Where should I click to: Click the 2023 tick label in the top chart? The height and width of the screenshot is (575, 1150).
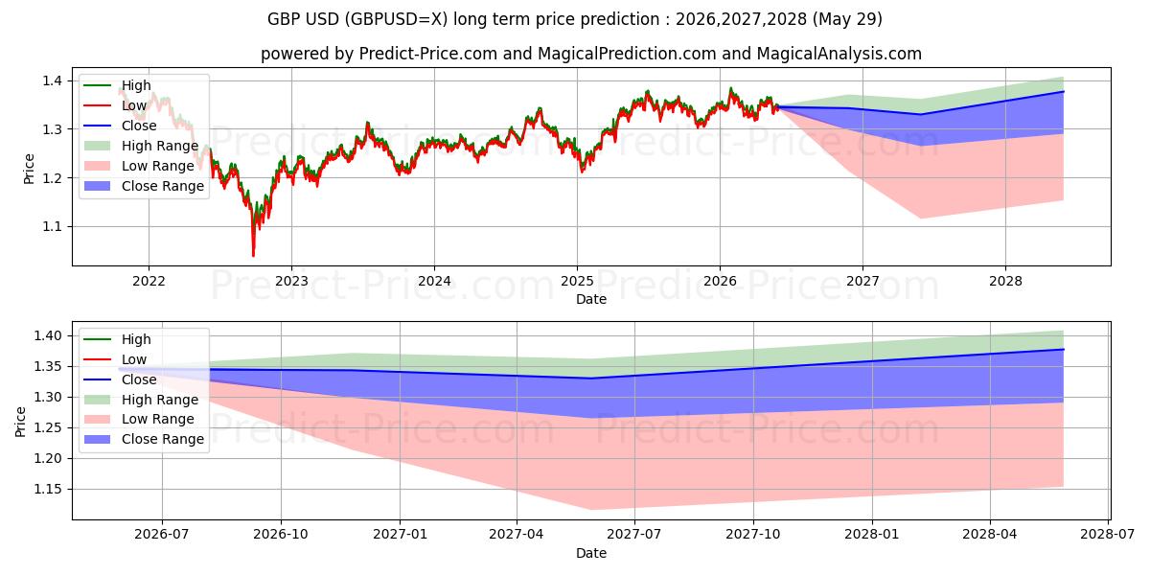tap(291, 282)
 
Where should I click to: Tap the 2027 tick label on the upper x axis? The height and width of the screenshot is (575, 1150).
tap(862, 282)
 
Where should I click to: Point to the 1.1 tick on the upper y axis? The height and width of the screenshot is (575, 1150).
tap(53, 226)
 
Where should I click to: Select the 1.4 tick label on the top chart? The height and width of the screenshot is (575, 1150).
tap(53, 80)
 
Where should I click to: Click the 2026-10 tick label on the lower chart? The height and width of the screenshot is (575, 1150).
tap(281, 535)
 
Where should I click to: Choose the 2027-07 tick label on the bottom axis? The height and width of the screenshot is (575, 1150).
tap(634, 535)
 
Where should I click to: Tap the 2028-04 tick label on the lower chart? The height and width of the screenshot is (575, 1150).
tap(990, 535)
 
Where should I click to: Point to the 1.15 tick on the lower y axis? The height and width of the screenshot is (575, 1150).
tap(48, 490)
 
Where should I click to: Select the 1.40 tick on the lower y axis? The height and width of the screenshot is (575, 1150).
tap(48, 336)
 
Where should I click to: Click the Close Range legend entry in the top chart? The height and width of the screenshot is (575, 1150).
tap(144, 186)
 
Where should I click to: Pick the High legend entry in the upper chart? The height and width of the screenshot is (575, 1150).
tap(117, 85)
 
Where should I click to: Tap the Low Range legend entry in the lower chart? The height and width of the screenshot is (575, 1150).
tap(139, 419)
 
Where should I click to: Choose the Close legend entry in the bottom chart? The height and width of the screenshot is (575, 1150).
tap(120, 379)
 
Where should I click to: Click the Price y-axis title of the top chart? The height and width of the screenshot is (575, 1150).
tap(29, 169)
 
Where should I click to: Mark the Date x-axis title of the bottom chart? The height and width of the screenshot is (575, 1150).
tap(591, 553)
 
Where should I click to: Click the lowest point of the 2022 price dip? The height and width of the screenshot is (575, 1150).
tap(253, 256)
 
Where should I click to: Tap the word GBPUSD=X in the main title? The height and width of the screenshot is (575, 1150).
tap(395, 19)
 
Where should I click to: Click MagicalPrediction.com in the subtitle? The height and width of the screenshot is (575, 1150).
tap(627, 54)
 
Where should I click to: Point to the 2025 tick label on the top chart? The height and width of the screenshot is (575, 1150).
tap(577, 282)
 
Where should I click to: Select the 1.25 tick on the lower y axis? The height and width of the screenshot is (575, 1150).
tap(48, 428)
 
